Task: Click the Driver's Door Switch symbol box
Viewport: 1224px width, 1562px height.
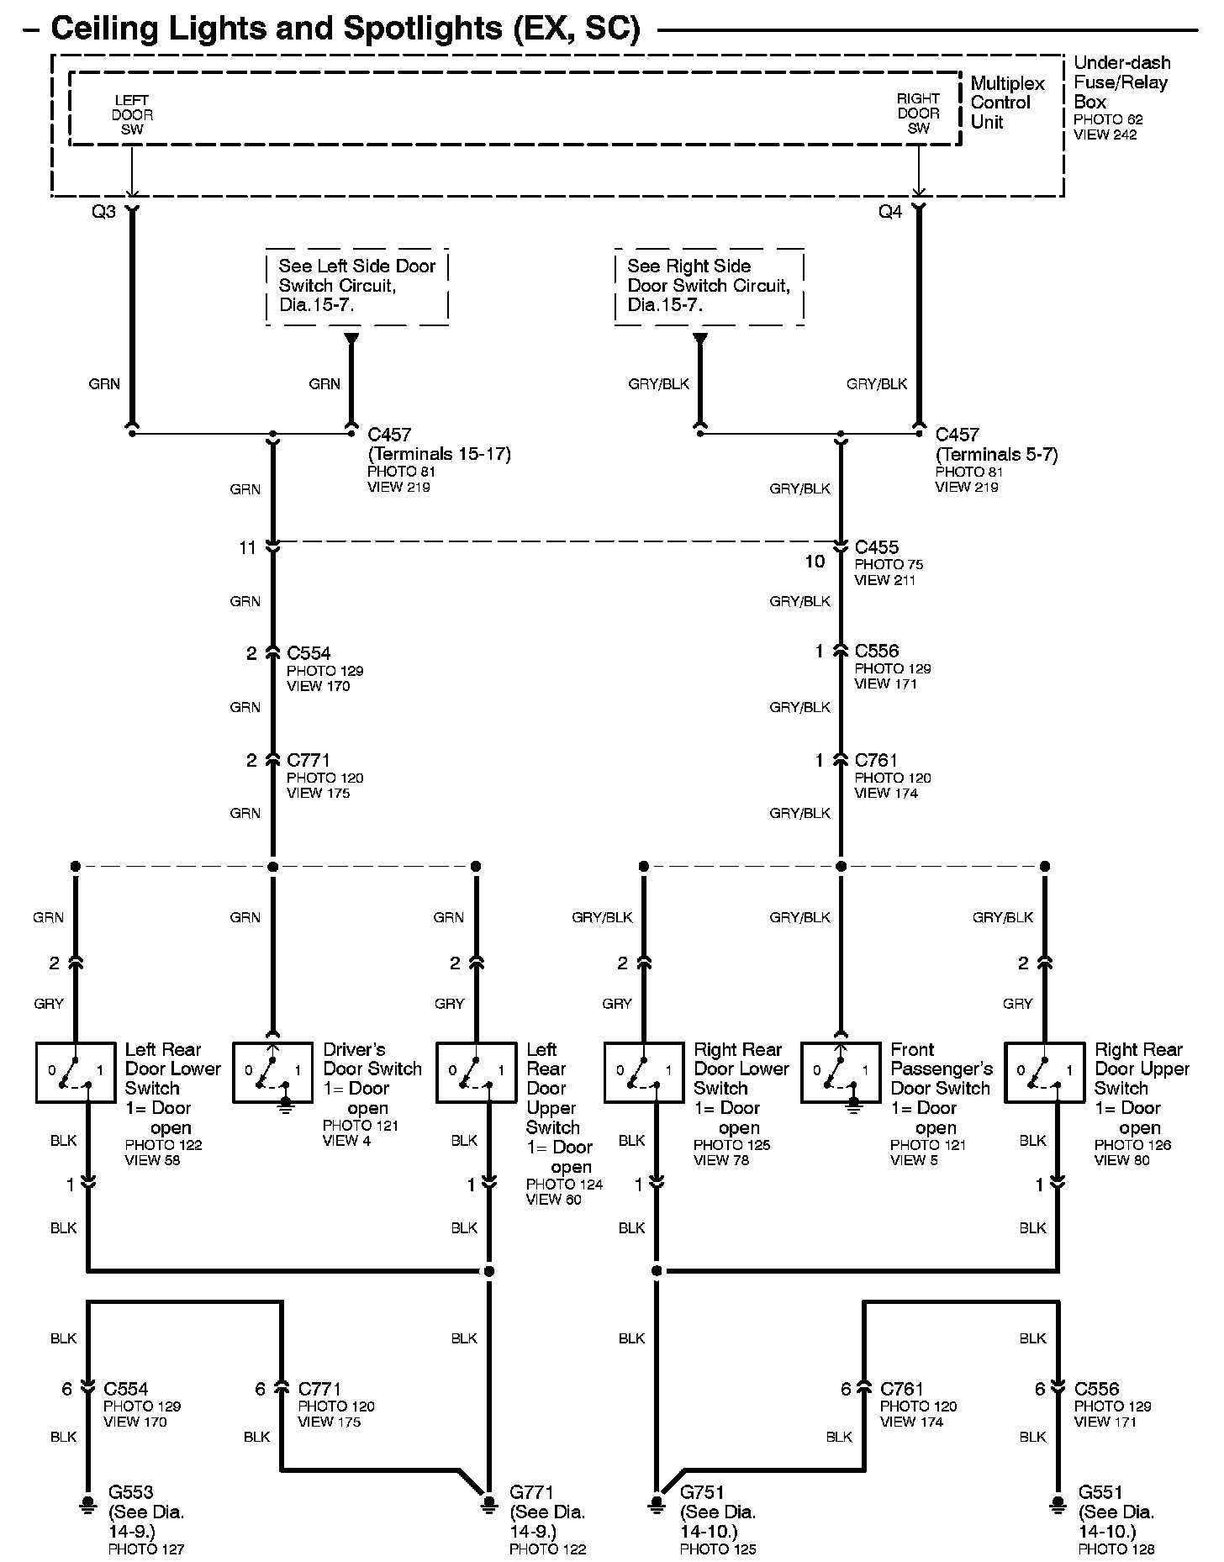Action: [x=272, y=1073]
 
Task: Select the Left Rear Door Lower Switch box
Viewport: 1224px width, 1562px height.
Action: [x=76, y=1073]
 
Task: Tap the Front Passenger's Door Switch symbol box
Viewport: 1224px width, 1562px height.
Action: [x=841, y=1073]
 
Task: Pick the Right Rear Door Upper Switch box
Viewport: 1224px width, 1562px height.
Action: [x=1045, y=1073]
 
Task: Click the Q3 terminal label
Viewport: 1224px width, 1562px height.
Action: [x=103, y=212]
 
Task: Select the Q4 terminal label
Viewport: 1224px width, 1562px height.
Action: [x=890, y=212]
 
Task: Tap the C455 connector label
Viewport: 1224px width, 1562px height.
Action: [x=876, y=547]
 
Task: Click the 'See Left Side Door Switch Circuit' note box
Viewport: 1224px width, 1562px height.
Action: [x=357, y=286]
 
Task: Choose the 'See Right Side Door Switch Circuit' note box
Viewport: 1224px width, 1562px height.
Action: [x=709, y=286]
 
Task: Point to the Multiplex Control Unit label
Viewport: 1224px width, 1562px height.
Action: [x=1007, y=103]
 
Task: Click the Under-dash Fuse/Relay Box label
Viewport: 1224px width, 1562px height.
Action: [x=1121, y=82]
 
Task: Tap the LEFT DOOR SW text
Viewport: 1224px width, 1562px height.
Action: [x=132, y=114]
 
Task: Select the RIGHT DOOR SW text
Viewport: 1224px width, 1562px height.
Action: [x=918, y=113]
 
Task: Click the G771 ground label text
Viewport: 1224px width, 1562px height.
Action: [x=532, y=1492]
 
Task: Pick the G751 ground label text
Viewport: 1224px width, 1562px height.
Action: [x=702, y=1492]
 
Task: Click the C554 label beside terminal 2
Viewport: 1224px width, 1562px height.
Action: [x=309, y=653]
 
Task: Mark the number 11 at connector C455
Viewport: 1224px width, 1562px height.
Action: [x=247, y=548]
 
